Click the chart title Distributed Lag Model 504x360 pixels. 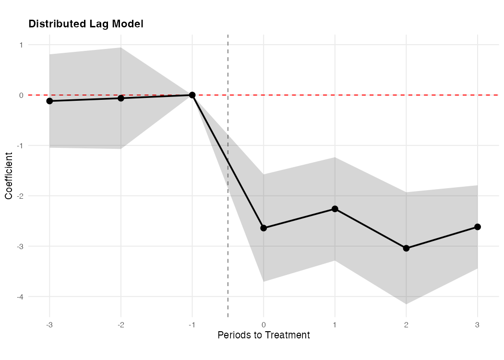pyautogui.click(x=86, y=24)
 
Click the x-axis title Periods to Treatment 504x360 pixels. pyautogui.click(x=264, y=335)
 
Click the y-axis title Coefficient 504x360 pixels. pyautogui.click(x=9, y=175)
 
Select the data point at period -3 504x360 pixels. pyautogui.click(x=49, y=101)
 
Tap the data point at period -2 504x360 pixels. pyautogui.click(x=121, y=98)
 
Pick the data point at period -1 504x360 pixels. pyautogui.click(x=192, y=95)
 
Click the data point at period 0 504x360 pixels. pyautogui.click(x=264, y=228)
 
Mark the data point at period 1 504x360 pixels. pyautogui.click(x=335, y=209)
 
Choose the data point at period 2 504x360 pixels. pyautogui.click(x=406, y=248)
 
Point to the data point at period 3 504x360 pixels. pyautogui.click(x=478, y=227)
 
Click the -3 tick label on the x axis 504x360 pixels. pyautogui.click(x=49, y=324)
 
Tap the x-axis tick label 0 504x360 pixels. pyautogui.click(x=264, y=324)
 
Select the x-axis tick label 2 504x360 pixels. pyautogui.click(x=406, y=324)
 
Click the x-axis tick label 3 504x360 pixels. pyautogui.click(x=478, y=324)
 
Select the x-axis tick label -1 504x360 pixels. pyautogui.click(x=192, y=324)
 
